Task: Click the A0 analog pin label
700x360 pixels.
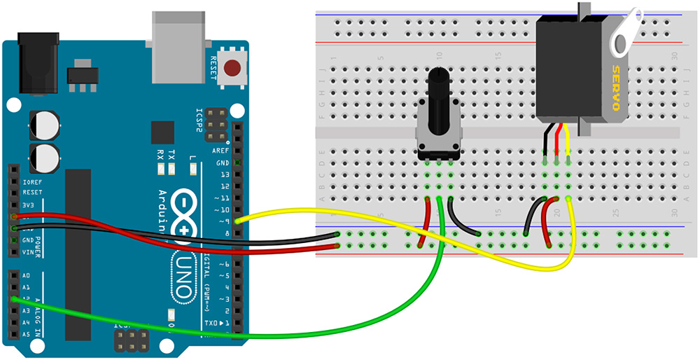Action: click(26, 276)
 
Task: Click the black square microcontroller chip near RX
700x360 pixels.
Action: click(162, 132)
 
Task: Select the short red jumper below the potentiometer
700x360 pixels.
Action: click(425, 223)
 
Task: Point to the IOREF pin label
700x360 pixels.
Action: click(32, 180)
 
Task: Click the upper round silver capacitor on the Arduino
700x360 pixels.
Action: click(43, 125)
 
